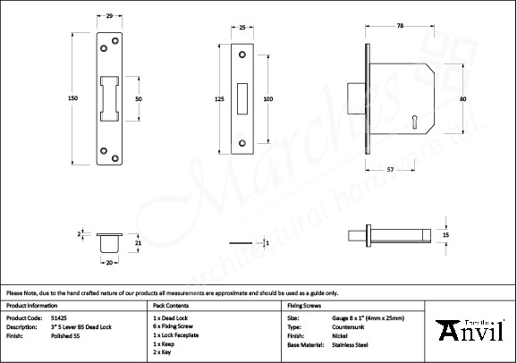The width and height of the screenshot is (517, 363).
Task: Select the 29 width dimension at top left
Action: click(x=108, y=17)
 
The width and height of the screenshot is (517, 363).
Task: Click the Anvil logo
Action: click(x=470, y=330)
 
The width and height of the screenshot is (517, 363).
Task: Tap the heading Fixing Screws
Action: click(x=302, y=305)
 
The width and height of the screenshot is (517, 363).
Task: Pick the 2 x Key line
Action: click(x=164, y=352)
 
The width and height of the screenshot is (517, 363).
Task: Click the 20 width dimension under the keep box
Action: click(x=108, y=263)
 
